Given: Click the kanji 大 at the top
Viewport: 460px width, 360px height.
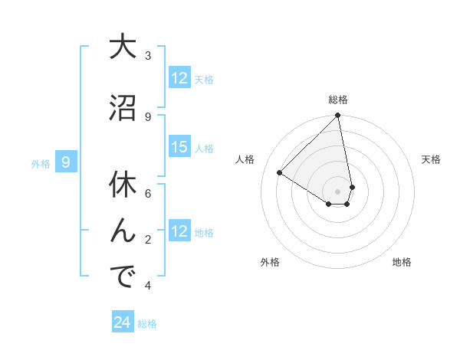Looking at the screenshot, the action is [x=123, y=48].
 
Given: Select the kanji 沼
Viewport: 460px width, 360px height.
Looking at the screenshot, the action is [x=123, y=108].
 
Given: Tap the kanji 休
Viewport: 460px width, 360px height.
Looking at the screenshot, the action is [x=123, y=185].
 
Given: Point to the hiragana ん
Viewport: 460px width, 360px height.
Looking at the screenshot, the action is [x=123, y=229].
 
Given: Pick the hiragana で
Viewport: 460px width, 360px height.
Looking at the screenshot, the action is [x=123, y=277].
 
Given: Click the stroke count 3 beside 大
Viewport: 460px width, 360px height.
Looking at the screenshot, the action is [x=148, y=56].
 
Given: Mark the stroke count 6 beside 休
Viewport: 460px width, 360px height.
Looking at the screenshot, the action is [x=148, y=193].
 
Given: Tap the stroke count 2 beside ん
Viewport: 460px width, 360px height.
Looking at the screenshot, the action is [x=148, y=240].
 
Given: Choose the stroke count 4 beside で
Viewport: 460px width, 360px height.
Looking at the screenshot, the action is [x=148, y=286].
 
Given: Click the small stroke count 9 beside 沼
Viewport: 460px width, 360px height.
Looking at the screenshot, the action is [x=148, y=116].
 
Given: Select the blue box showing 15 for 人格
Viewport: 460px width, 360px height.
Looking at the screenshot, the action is [x=179, y=147].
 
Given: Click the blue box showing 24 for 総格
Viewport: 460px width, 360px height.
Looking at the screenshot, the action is [x=123, y=322].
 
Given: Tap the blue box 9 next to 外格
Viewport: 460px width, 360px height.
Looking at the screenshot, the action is [x=66, y=162].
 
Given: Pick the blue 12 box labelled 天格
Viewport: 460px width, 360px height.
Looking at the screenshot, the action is [x=179, y=78].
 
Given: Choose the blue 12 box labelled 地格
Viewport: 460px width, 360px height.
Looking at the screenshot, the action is [x=179, y=231].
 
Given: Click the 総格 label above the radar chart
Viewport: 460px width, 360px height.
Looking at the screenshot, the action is [x=338, y=100].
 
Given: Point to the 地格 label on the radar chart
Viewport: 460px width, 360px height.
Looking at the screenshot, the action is [x=402, y=262].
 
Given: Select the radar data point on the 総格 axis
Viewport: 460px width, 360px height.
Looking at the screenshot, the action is [x=338, y=116].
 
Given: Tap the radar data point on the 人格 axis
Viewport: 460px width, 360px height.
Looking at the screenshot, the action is [x=280, y=173].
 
